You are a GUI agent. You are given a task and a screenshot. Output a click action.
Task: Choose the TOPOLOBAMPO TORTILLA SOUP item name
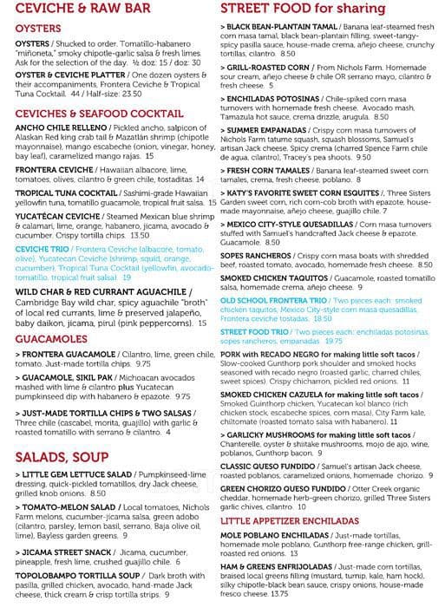70,574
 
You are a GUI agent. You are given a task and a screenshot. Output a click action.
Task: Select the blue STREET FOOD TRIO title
254,330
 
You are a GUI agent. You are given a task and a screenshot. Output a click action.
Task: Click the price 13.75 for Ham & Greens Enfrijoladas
279,593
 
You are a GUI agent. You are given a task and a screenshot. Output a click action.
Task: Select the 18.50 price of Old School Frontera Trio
322,319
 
